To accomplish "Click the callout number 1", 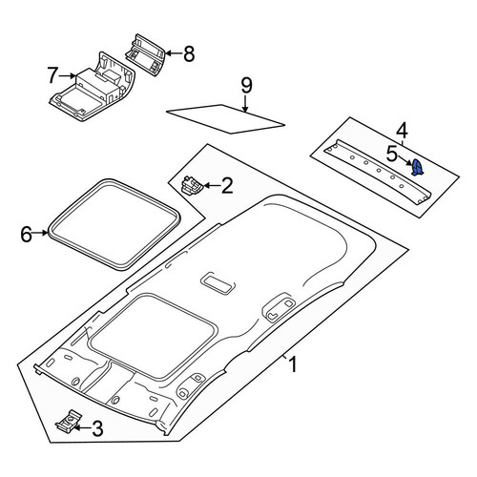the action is pos(293,364).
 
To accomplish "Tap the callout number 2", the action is pos(227,186).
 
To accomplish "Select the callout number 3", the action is pos(97,428).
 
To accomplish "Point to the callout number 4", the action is pos(402,131).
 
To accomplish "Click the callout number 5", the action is pos(392,154).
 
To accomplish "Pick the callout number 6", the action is pos(26,235).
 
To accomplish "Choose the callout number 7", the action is pos(52,75).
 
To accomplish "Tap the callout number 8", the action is pos(189,53).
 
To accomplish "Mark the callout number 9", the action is pos(246,86).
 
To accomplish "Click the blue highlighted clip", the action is pos(417,168).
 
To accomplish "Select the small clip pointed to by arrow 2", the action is pos(192,185).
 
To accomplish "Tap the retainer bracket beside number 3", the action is pos(68,421).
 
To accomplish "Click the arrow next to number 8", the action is pos(174,53).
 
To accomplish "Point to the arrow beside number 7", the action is pos(68,75).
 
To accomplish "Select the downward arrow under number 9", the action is pos(245,104).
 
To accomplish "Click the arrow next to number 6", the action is pos(40,233).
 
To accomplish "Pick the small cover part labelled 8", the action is pos(146,54).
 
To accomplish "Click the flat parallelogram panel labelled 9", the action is pos(225,119).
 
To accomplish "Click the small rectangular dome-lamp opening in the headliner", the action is pos(218,283).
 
